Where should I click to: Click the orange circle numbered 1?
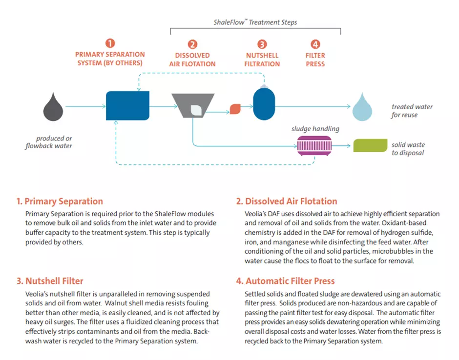coord(110,43)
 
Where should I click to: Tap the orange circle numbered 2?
coord(192,44)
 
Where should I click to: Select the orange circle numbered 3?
coord(262,44)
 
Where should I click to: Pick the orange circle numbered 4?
coord(315,44)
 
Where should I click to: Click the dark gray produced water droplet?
coord(53,106)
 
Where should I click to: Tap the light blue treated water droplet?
coord(363,107)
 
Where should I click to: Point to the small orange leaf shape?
coord(235,109)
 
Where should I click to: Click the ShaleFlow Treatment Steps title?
coord(255,22)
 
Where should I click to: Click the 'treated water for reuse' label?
coord(412,111)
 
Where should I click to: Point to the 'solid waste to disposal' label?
coord(408,149)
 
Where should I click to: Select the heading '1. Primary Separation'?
coord(60,201)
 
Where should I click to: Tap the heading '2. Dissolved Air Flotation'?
coord(286,201)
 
